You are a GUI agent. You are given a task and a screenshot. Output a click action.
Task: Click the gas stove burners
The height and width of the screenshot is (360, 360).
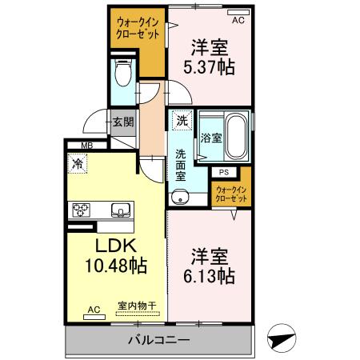point(82,210)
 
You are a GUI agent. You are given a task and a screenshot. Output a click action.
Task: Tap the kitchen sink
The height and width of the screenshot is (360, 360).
point(119,210)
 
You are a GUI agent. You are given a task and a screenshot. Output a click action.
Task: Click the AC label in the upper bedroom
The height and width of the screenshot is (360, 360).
point(237,12)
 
